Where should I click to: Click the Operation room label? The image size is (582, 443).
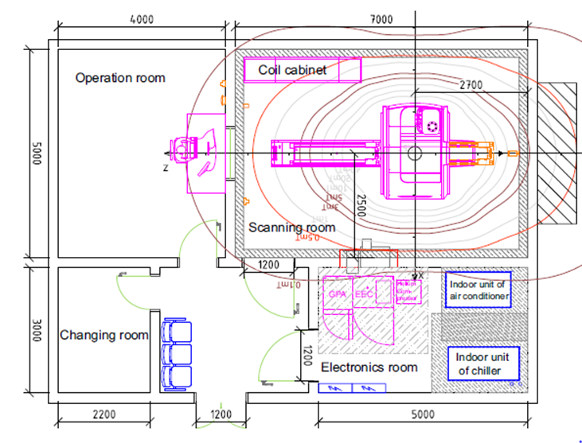pyautogui.click(x=120, y=78)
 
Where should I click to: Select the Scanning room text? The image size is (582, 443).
pyautogui.click(x=291, y=227)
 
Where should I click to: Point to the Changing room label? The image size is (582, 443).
pyautogui.click(x=104, y=335)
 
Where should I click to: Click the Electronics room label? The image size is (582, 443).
pyautogui.click(x=369, y=367)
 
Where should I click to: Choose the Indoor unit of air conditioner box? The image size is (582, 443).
pyautogui.click(x=478, y=290)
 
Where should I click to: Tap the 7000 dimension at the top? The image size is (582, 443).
pyautogui.click(x=381, y=18)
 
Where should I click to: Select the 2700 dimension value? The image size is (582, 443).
pyautogui.click(x=471, y=84)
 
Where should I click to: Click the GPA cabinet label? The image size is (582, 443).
pyautogui.click(x=336, y=293)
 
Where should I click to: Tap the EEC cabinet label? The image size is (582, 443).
pyautogui.click(x=364, y=293)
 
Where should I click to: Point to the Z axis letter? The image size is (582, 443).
pyautogui.click(x=165, y=169)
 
